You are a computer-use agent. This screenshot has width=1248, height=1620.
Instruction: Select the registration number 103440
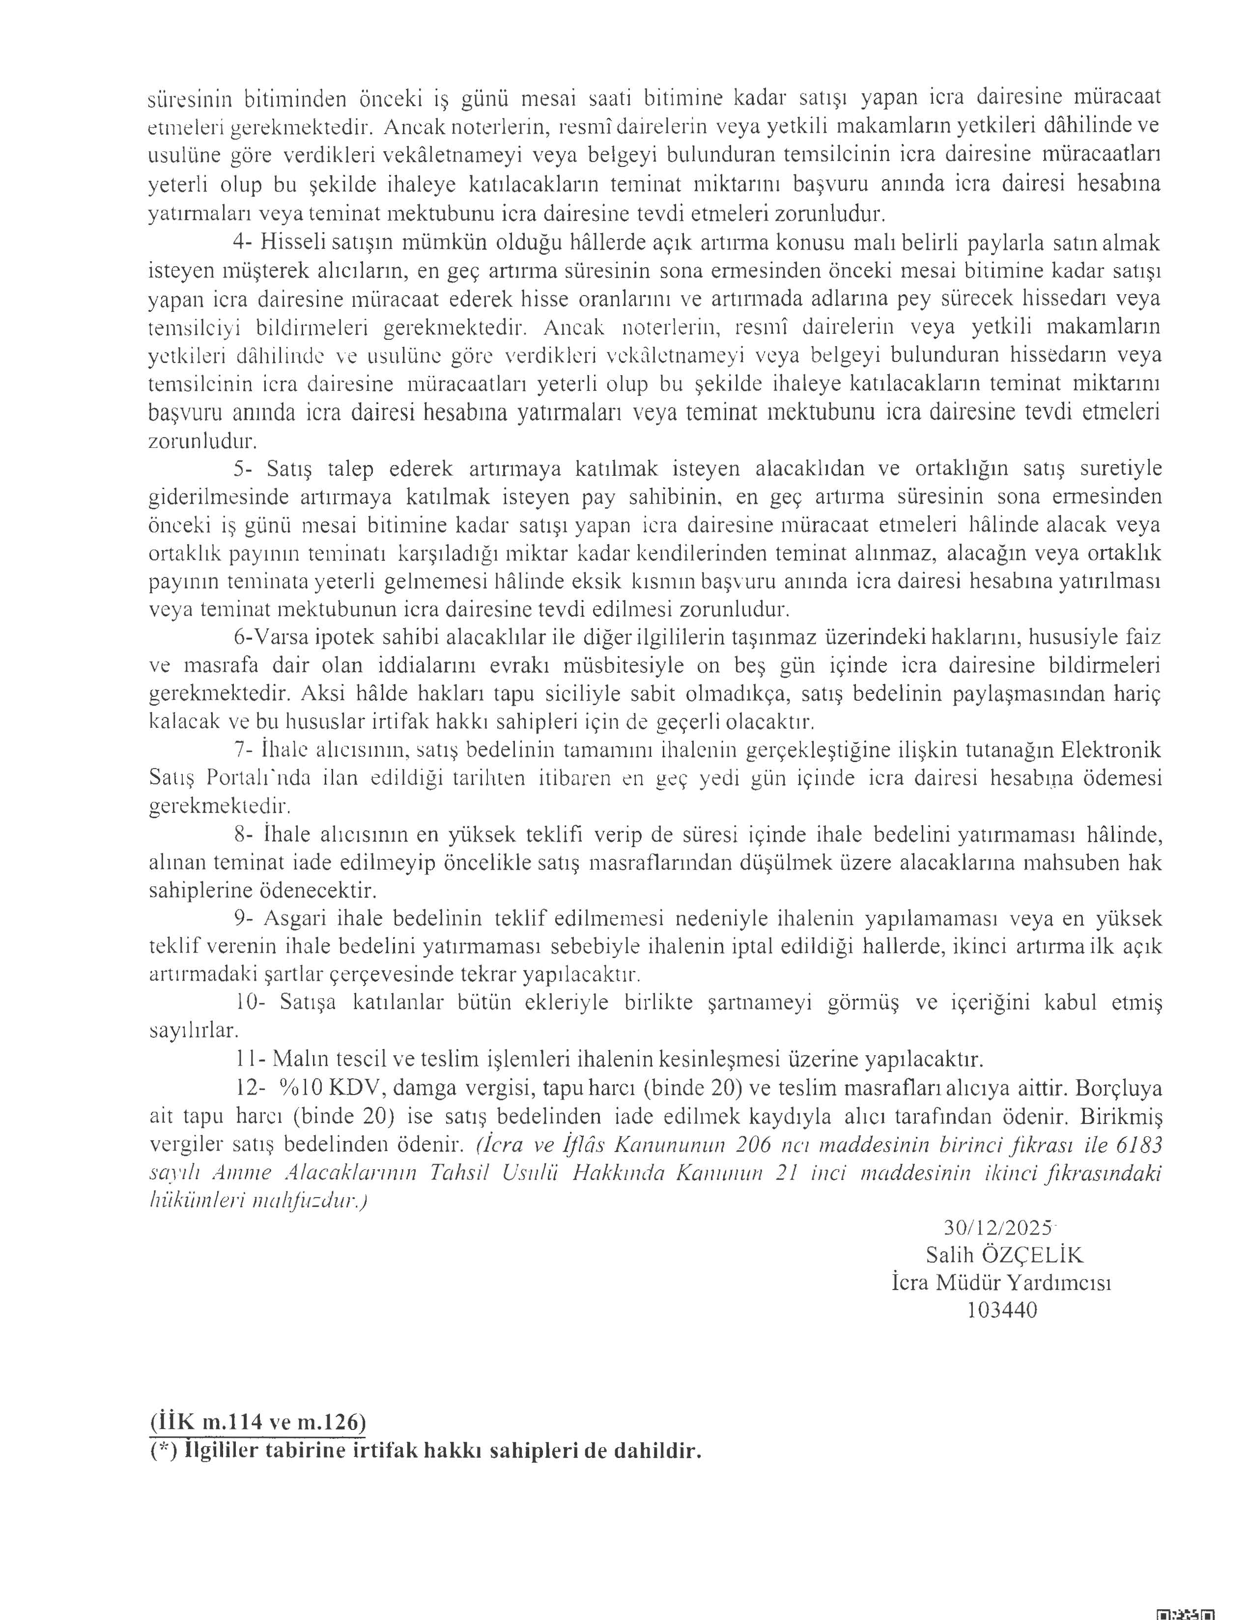[x=1002, y=1310]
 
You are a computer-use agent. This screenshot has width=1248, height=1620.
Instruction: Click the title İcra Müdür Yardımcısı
[x=1002, y=1283]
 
